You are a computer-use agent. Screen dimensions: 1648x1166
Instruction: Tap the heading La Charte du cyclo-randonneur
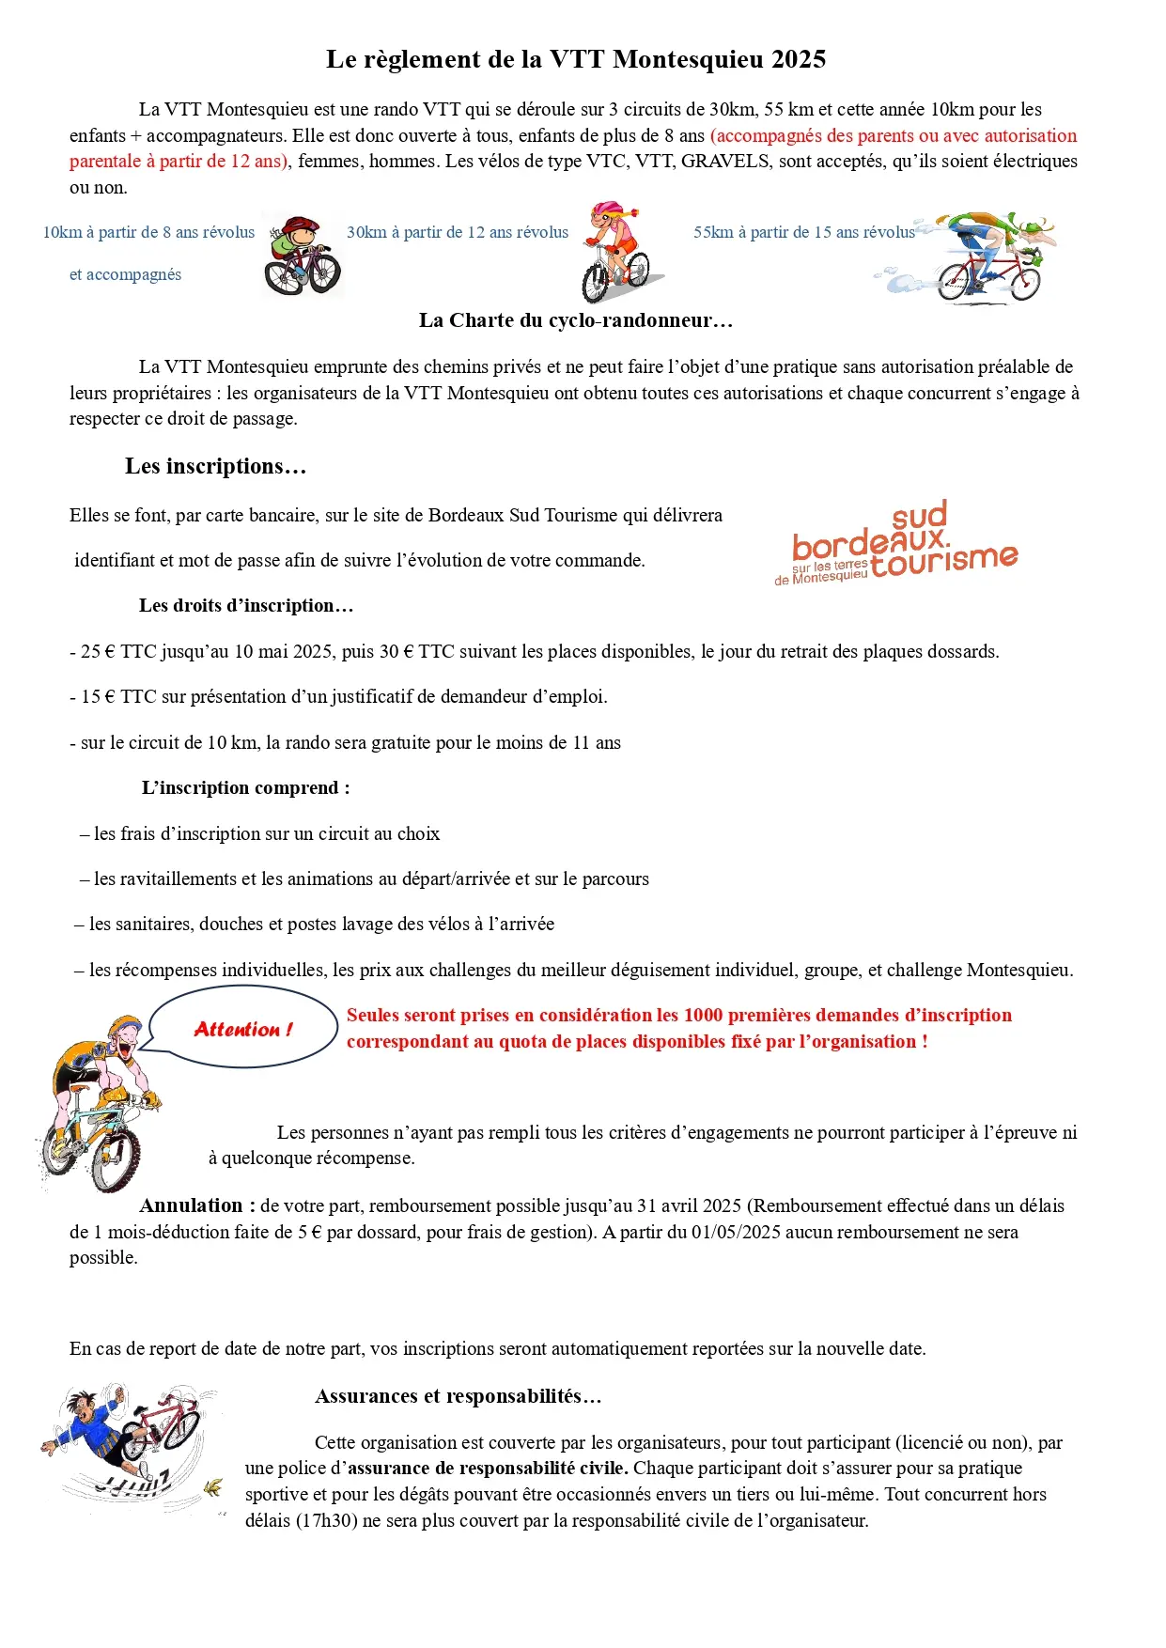pos(575,320)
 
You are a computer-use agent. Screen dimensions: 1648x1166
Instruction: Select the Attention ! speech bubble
pos(243,1029)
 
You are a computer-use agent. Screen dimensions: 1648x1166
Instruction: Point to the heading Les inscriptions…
pos(215,466)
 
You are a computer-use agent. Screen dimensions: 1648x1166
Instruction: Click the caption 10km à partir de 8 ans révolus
pos(148,232)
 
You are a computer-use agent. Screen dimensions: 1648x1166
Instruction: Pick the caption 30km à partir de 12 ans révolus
pos(458,232)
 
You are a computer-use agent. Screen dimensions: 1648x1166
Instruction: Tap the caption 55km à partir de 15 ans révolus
pos(803,232)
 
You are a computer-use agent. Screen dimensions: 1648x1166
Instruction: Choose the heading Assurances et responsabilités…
pos(458,1396)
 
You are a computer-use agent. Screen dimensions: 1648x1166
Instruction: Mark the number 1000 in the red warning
pos(703,1015)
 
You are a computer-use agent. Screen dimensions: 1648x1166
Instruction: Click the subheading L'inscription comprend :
pos(245,787)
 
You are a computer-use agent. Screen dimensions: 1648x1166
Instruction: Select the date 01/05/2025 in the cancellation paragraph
pos(736,1232)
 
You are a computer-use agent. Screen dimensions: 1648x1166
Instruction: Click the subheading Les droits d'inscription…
pos(246,605)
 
